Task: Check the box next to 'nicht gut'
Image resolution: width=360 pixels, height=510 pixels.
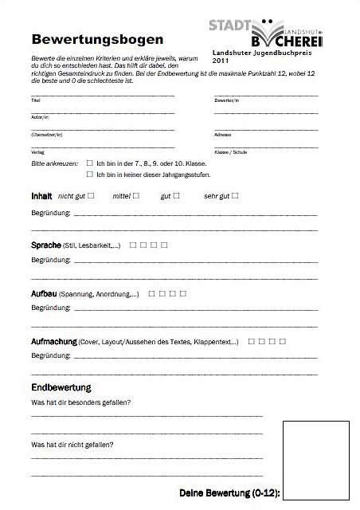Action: (x=92, y=194)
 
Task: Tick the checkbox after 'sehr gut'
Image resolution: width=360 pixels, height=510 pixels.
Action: (x=235, y=194)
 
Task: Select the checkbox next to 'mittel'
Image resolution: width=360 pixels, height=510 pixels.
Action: (x=136, y=194)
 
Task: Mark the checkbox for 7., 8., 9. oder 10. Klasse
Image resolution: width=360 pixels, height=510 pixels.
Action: (x=89, y=162)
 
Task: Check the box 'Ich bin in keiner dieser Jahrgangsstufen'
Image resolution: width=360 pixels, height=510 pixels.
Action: (x=89, y=173)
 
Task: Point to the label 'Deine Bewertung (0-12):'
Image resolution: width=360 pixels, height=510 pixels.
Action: (x=229, y=493)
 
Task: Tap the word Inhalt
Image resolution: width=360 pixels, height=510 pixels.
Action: (x=41, y=195)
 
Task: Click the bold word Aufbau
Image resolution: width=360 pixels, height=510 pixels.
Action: (x=43, y=294)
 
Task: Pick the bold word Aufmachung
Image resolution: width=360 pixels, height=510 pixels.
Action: (x=53, y=341)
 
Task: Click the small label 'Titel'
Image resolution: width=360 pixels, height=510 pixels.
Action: (x=35, y=100)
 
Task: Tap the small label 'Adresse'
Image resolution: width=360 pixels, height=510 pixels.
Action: (x=222, y=134)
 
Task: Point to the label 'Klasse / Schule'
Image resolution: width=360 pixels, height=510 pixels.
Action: (x=230, y=151)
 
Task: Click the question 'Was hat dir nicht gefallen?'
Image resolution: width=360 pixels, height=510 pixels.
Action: (x=72, y=444)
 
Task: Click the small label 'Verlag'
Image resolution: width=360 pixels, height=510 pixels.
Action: (x=37, y=151)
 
